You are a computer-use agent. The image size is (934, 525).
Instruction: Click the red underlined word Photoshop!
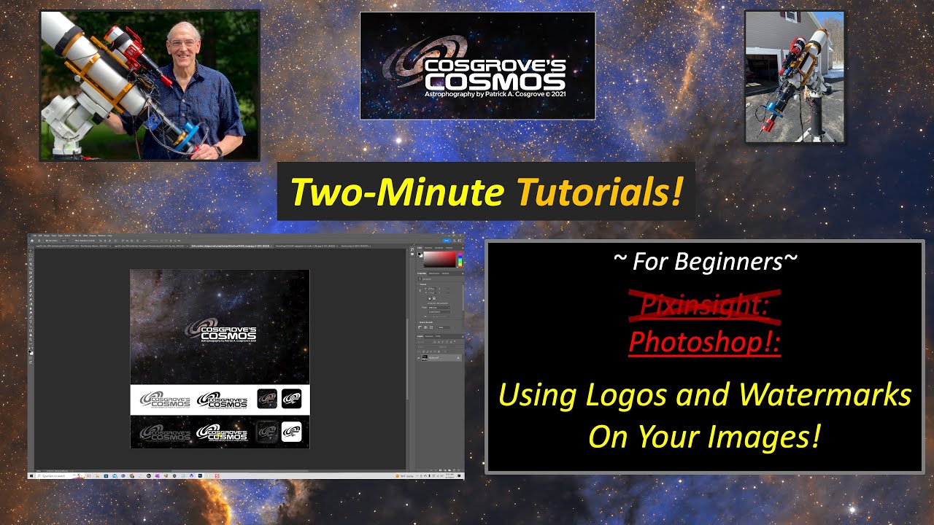pos(705,341)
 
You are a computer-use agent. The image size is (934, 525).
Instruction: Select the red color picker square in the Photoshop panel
pos(440,260)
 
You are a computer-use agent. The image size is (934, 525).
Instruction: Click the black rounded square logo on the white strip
pos(291,399)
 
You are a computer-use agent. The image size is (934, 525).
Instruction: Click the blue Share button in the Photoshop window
pos(447,241)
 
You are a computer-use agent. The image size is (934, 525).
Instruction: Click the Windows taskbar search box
pos(55,475)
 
